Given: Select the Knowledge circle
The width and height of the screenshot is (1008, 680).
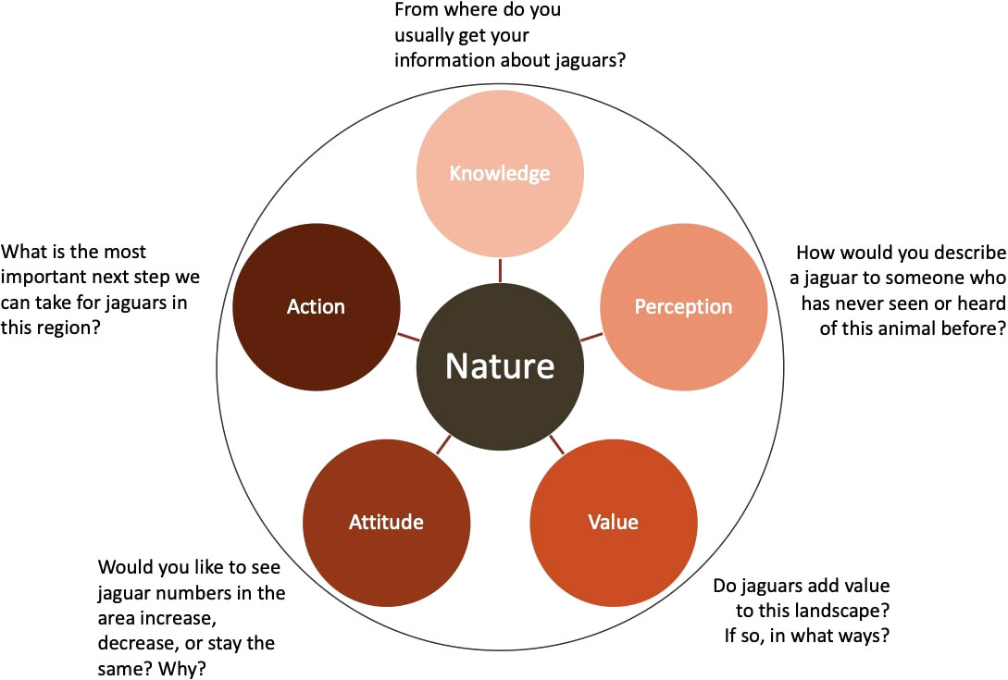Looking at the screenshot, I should [500, 173].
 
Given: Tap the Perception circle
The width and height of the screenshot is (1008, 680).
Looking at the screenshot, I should [683, 306].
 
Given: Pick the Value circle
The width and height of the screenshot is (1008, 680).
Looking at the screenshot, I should [613, 522].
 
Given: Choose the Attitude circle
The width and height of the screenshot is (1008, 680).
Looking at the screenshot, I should [386, 522].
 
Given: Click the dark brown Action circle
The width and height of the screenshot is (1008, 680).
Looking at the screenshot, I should [316, 306].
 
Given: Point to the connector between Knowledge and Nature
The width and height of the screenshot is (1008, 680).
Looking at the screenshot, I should [500, 269].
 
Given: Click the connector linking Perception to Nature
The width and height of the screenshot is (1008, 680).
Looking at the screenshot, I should [592, 336].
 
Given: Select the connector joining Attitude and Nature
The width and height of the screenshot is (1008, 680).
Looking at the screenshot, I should [442, 444].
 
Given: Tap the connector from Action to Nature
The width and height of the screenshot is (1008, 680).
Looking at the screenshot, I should [407, 336].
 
